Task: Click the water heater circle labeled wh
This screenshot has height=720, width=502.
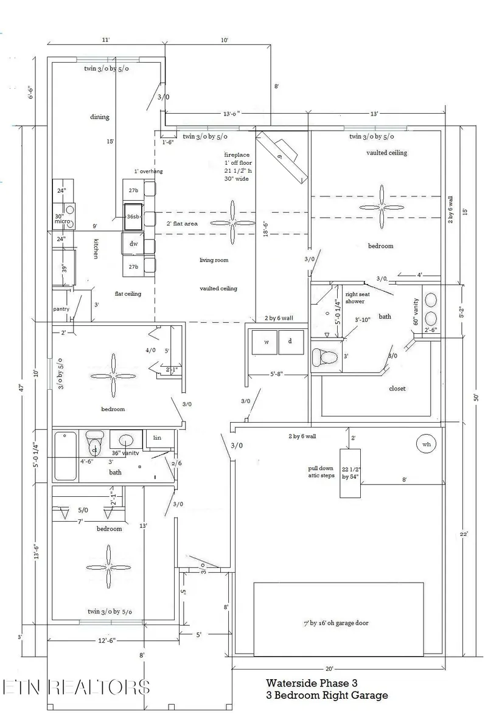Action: (427, 445)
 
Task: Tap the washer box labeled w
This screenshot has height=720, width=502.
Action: (265, 341)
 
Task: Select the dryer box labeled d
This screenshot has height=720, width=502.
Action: (290, 341)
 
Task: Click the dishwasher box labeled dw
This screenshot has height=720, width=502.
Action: (133, 243)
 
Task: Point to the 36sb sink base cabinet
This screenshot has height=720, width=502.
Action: (133, 216)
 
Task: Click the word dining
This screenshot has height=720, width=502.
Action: (100, 117)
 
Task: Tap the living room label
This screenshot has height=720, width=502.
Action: (214, 260)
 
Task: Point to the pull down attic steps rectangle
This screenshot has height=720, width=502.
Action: (350, 472)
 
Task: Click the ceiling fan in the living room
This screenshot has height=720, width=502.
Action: (232, 223)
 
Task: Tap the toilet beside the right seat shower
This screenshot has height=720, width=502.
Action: (325, 356)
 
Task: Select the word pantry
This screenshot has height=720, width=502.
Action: (61, 309)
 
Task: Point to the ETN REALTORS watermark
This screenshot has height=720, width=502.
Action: (75, 687)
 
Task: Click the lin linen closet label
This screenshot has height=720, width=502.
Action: (157, 437)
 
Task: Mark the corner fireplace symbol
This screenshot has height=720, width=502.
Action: (283, 156)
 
